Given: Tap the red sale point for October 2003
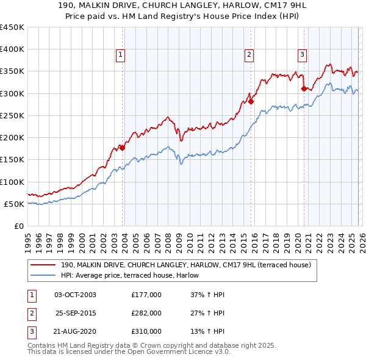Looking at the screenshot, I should pos(123,147).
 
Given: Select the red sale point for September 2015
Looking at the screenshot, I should pos(251,102).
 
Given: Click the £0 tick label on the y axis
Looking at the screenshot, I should pos(19,226).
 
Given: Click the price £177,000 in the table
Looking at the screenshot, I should pos(146,295).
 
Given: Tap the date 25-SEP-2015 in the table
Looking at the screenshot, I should pos(75,313).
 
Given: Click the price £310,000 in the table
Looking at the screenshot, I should pos(146,331).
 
